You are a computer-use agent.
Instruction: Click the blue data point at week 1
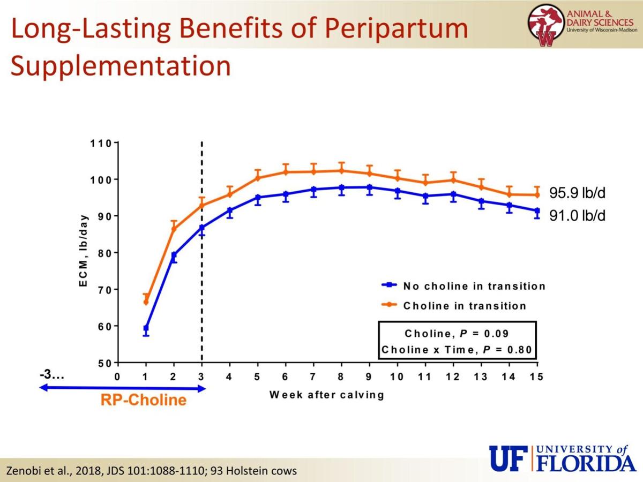[146, 328]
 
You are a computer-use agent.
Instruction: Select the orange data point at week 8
[341, 171]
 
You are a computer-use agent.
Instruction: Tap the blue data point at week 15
[537, 211]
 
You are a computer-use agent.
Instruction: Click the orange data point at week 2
[174, 229]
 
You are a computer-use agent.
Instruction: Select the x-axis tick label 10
[397, 377]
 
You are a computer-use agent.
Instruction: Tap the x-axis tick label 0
[117, 377]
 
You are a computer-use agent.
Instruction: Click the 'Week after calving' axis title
[327, 395]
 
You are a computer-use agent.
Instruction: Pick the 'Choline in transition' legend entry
[464, 306]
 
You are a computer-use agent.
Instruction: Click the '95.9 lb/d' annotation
[578, 193]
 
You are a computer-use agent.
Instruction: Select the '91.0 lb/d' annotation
[578, 216]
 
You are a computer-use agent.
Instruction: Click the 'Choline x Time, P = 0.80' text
[457, 350]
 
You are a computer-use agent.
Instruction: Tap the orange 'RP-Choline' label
[143, 400]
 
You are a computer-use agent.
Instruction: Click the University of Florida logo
[563, 458]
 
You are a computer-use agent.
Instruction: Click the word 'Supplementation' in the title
[121, 66]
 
